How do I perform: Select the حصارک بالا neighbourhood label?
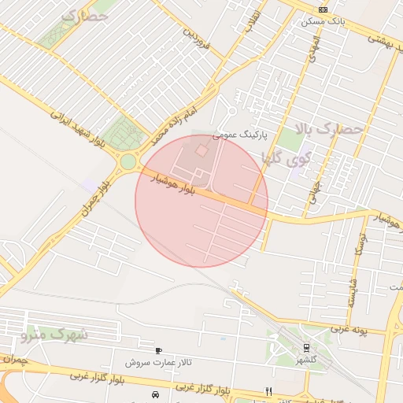[x=328, y=128]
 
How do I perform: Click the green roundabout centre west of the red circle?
[x=128, y=163]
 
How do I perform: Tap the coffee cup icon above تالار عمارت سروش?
[x=159, y=349]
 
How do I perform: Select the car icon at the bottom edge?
[x=154, y=393]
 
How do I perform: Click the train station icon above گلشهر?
[x=305, y=347]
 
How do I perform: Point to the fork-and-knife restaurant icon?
[x=268, y=391]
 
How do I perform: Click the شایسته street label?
[x=352, y=291]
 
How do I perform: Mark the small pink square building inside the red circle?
[x=201, y=150]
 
